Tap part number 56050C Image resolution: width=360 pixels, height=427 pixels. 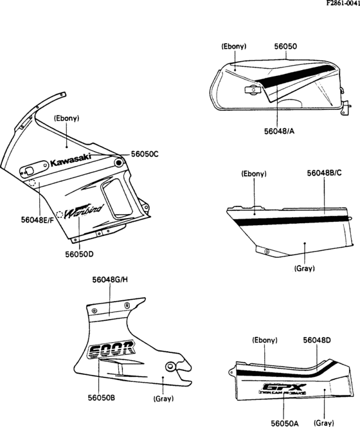coord(145,155)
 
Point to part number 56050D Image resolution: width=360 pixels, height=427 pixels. coord(79,253)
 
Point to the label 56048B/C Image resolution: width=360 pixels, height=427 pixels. coord(324,174)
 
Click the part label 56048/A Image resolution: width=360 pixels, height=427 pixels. coord(280,131)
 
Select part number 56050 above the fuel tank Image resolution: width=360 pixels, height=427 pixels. coord(285,47)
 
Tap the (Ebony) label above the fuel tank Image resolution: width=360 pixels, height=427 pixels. coord(233,47)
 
